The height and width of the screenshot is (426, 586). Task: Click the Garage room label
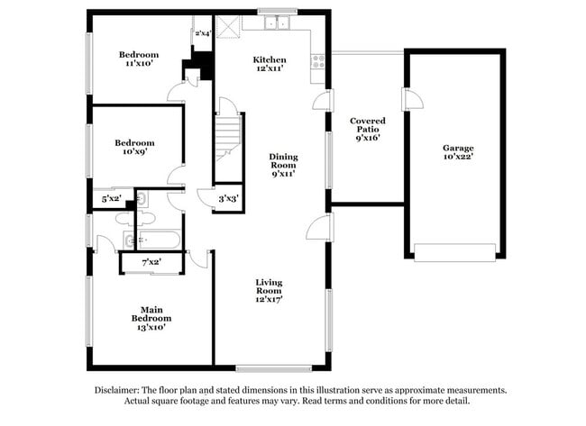click(458, 148)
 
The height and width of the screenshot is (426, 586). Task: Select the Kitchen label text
click(270, 59)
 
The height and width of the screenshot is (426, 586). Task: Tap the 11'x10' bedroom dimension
click(139, 65)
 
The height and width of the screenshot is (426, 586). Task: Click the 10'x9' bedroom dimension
click(133, 152)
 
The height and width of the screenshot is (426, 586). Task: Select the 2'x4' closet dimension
click(203, 33)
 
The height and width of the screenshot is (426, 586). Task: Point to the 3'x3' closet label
click(228, 198)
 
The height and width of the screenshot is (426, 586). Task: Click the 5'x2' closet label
click(112, 198)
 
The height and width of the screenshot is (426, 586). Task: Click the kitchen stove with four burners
click(317, 61)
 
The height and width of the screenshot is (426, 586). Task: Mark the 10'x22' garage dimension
click(458, 159)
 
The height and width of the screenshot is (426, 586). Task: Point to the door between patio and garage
click(407, 99)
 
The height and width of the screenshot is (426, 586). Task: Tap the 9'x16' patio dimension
click(368, 139)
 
